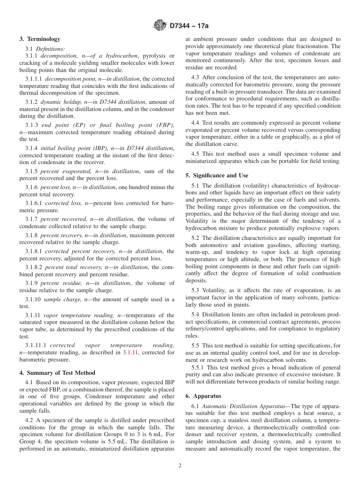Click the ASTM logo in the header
click(x=160, y=25)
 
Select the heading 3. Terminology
click(x=40, y=39)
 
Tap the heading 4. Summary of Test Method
click(x=57, y=373)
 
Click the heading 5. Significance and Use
click(x=217, y=175)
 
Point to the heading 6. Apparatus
click(x=203, y=396)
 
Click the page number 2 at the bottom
click(x=180, y=466)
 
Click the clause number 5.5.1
click(x=199, y=368)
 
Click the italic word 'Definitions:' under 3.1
click(x=50, y=49)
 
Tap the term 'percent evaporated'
click(x=61, y=171)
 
